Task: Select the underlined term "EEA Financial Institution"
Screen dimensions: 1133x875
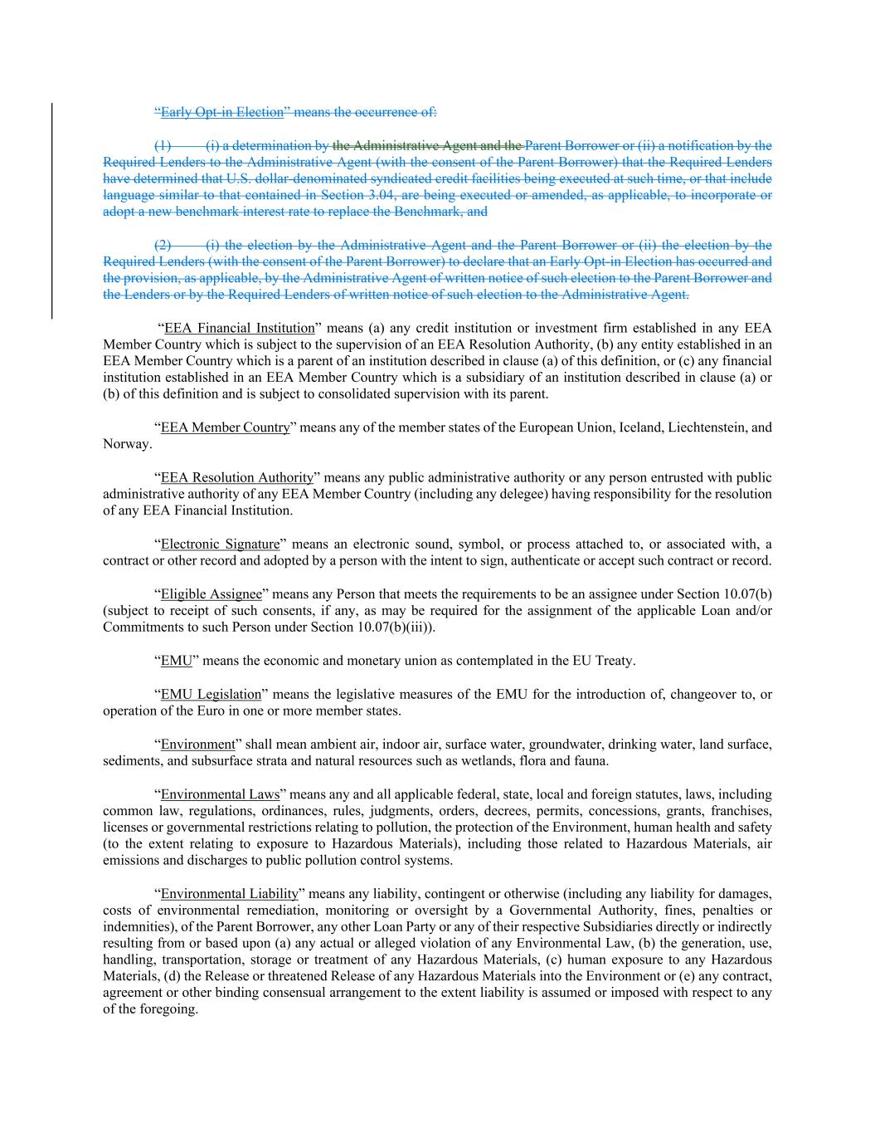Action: (240, 328)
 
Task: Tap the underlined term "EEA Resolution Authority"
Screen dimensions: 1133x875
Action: (237, 477)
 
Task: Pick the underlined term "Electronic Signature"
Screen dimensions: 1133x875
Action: (220, 545)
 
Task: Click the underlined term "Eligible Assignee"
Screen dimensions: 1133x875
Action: (211, 594)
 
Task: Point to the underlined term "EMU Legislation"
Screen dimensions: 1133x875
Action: (211, 694)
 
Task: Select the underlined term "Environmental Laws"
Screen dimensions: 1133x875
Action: (220, 794)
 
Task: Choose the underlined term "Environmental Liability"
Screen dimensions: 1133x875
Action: (229, 894)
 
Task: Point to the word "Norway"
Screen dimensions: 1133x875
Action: (126, 444)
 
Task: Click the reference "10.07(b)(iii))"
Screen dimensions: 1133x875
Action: (396, 627)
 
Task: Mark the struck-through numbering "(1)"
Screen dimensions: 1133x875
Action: (163, 145)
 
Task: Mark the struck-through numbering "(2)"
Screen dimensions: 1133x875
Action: (163, 245)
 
